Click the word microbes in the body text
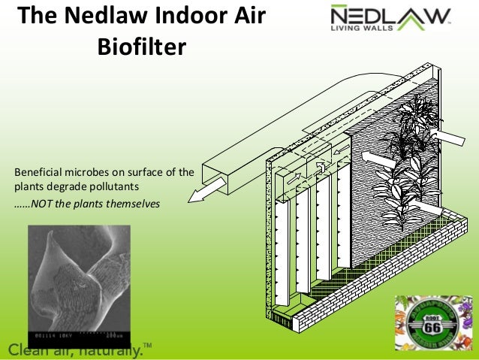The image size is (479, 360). [x=89, y=173]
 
